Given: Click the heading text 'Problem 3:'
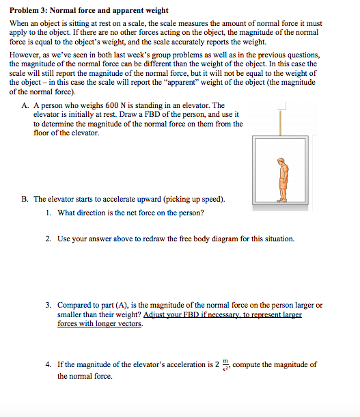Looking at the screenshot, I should (x=29, y=11).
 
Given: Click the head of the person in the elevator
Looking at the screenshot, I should (x=281, y=161).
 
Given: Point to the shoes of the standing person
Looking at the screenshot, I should (x=281, y=199).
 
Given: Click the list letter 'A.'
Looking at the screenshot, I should (x=25, y=105).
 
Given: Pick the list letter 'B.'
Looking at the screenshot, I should (x=25, y=199).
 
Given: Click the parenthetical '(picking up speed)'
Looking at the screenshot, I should (x=195, y=199).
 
